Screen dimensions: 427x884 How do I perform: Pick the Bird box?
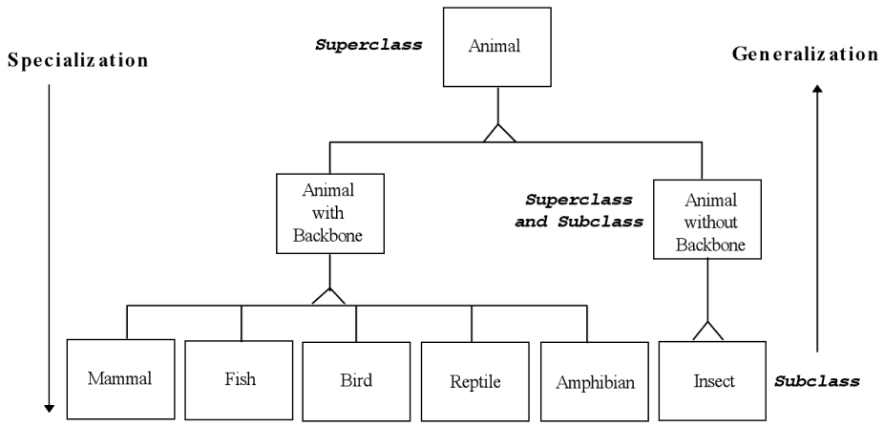pyautogui.click(x=355, y=378)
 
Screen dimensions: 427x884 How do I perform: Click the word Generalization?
pyautogui.click(x=804, y=53)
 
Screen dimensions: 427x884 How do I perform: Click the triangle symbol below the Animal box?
pyautogui.click(x=498, y=134)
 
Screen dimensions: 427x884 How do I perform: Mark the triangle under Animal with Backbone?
pyautogui.click(x=328, y=296)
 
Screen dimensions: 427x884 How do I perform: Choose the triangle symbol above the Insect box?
pyautogui.click(x=707, y=330)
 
